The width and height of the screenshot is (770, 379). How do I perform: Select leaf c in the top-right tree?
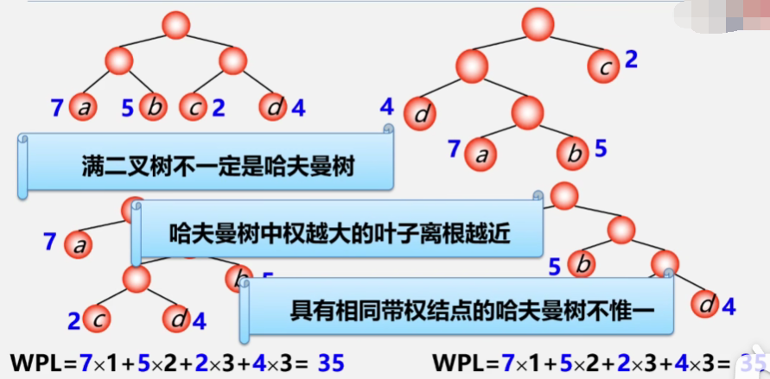(605, 62)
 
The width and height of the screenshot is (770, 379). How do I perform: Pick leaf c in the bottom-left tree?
(99, 319)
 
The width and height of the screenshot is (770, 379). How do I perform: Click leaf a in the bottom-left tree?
(79, 244)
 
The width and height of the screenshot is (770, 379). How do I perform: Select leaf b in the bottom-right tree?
(583, 263)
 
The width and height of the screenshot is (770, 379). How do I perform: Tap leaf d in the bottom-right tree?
(705, 304)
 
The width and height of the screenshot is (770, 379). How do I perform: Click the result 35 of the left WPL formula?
(331, 363)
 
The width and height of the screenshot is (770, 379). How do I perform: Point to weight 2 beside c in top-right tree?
(631, 60)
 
